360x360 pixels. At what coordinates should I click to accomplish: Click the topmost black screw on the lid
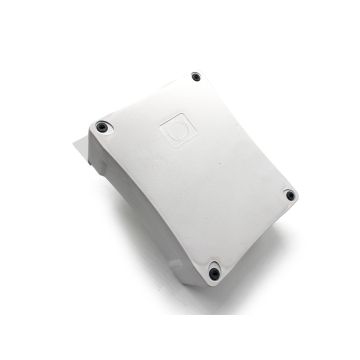pyautogui.click(x=194, y=76)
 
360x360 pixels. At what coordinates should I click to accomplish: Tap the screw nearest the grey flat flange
pyautogui.click(x=102, y=126)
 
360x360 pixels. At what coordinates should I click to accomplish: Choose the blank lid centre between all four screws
pyautogui.click(x=200, y=175)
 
